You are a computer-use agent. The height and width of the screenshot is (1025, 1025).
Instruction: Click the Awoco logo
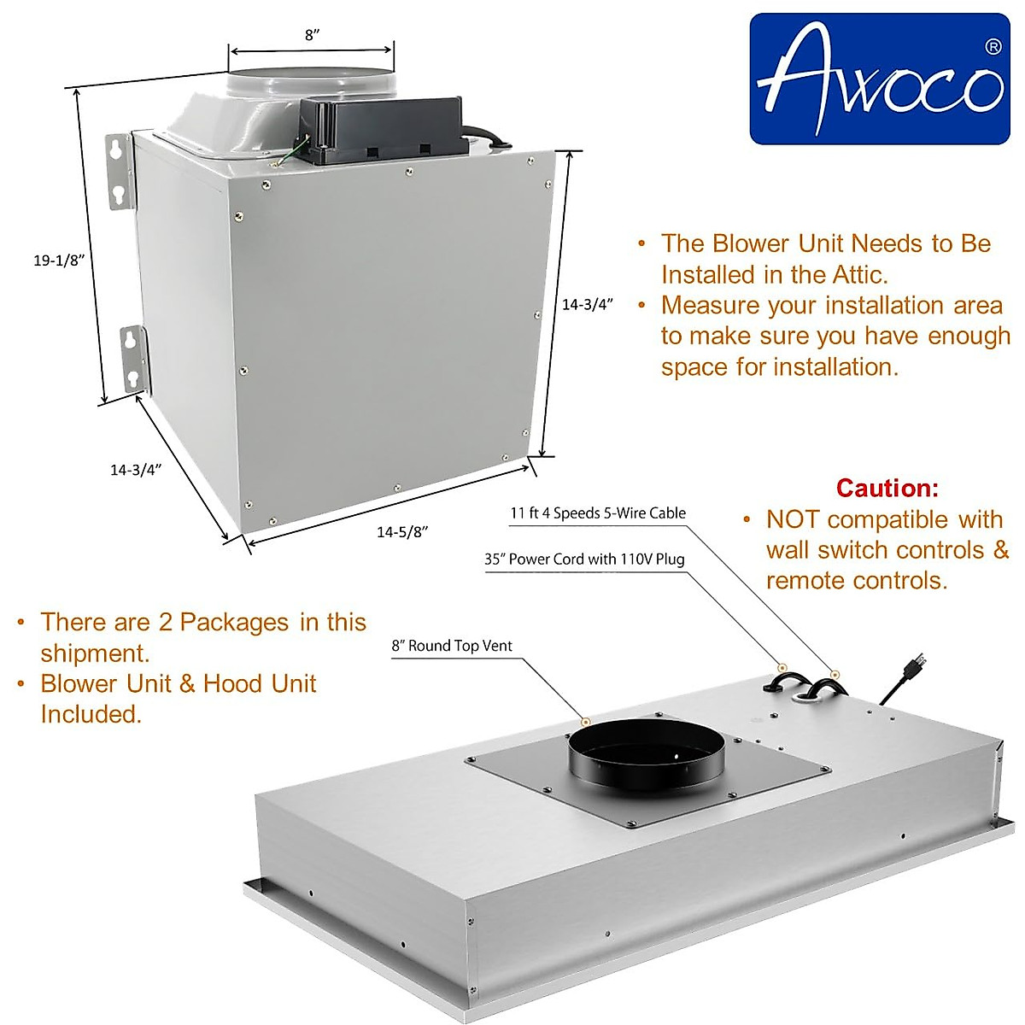(880, 79)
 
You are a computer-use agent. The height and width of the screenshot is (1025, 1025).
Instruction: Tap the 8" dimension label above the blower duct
(312, 35)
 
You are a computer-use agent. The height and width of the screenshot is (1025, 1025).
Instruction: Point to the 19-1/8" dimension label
(56, 261)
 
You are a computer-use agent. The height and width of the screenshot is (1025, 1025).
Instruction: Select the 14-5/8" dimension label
(401, 531)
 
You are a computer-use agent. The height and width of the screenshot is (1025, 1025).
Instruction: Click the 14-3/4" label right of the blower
(588, 305)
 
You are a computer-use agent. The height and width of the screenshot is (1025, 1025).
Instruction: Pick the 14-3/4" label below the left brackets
(136, 469)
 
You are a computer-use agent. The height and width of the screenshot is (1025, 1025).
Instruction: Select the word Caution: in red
(887, 488)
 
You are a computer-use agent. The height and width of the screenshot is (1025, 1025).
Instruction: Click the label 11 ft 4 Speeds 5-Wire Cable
(598, 513)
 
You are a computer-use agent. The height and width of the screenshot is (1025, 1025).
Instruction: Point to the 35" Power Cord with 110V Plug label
(584, 559)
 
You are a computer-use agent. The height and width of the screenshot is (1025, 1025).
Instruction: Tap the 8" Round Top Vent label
(452, 646)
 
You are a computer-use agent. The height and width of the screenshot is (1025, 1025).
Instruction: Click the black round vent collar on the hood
(647, 753)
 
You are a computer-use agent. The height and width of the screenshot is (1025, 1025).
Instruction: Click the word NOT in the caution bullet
(793, 519)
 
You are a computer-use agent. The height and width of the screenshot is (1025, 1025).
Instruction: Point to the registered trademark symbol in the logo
(993, 47)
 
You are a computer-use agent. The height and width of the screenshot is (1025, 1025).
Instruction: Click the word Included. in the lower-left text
(91, 714)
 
